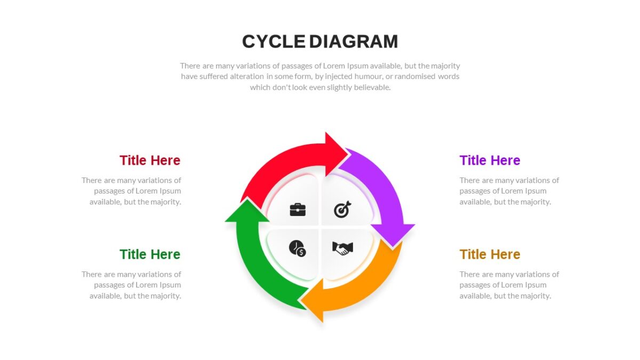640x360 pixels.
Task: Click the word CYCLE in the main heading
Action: [274, 42]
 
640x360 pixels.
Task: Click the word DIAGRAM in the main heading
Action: [354, 42]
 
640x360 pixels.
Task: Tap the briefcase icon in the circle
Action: [298, 210]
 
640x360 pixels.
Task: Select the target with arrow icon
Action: [342, 210]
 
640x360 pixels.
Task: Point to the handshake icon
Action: [342, 248]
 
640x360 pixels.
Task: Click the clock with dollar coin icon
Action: [298, 249]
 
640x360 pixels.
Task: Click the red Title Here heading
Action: [150, 161]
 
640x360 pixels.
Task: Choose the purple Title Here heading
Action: [490, 161]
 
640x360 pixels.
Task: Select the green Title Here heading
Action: [150, 254]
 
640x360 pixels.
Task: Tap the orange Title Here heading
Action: [490, 254]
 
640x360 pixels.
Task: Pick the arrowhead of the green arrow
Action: [247, 211]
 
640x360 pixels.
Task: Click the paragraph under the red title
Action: [131, 191]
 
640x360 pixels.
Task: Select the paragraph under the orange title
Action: [509, 285]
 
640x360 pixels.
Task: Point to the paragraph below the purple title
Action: [509, 191]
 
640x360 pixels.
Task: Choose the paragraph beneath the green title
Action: [131, 285]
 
